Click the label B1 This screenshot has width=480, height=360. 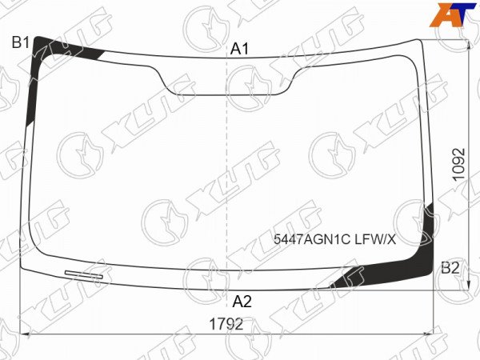point(21,42)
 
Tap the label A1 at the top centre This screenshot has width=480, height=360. point(240,49)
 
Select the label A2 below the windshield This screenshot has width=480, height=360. point(242,302)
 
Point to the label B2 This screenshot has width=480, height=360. point(450,268)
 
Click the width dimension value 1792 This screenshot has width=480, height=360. point(226,324)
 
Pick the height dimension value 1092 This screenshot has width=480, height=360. point(459,165)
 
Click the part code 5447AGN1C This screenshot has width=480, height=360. point(312,239)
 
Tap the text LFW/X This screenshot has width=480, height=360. point(375,239)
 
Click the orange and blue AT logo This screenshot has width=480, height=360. point(453,14)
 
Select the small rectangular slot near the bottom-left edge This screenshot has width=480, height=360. point(84,274)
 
